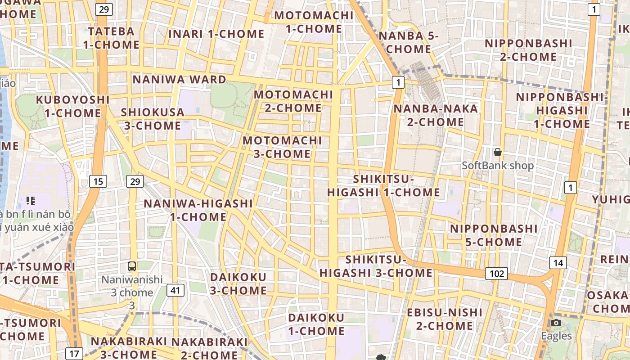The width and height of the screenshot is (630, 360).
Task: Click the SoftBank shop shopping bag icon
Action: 498,153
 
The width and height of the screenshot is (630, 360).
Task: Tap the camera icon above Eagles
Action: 556,323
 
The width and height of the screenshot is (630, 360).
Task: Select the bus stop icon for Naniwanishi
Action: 132,266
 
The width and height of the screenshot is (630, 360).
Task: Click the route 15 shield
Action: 98,181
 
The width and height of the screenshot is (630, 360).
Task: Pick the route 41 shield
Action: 175,290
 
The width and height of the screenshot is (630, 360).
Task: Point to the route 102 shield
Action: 496,273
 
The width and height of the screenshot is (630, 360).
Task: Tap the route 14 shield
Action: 558,263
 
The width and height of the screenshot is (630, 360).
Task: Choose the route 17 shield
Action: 74,353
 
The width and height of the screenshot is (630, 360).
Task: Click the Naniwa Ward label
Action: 179,80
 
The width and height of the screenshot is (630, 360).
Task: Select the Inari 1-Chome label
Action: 216,34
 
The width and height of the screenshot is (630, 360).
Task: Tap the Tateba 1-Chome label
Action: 111,38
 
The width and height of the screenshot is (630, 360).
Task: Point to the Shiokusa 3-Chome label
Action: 153,119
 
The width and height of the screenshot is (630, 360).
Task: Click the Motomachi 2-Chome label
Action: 293,101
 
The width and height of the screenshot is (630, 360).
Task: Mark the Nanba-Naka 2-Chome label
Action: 436,115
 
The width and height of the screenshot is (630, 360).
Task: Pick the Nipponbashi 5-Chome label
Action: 494,235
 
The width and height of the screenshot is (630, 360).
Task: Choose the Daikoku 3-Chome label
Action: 238,283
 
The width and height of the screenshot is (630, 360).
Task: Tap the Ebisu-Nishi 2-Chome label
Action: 438,319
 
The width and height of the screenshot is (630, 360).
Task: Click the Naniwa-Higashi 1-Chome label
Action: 198,210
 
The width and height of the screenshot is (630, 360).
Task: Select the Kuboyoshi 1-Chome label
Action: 72,106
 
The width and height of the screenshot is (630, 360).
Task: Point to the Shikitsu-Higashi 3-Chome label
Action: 376,266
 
